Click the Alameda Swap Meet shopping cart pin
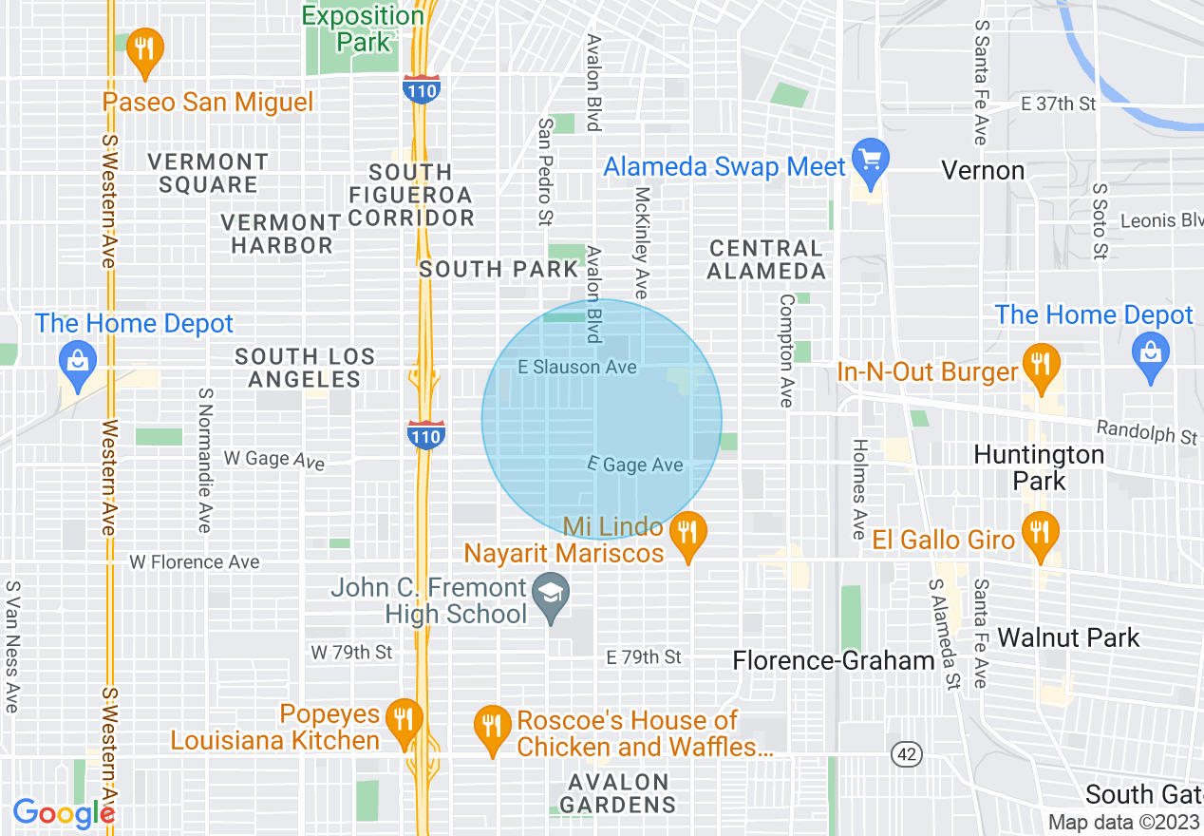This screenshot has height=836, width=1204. click(870, 158)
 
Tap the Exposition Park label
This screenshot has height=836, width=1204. click(363, 28)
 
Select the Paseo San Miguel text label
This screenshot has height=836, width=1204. click(208, 102)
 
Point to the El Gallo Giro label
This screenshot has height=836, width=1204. click(944, 541)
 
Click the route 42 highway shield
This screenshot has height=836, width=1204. click(908, 754)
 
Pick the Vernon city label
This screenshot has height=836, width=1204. click(983, 171)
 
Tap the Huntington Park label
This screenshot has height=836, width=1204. click(1039, 467)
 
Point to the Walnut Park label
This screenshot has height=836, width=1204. click(1068, 637)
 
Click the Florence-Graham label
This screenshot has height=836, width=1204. click(834, 660)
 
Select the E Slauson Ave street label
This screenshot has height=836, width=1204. click(577, 367)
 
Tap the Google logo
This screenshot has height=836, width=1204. click(64, 813)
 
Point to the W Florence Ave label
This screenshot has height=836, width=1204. click(195, 562)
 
